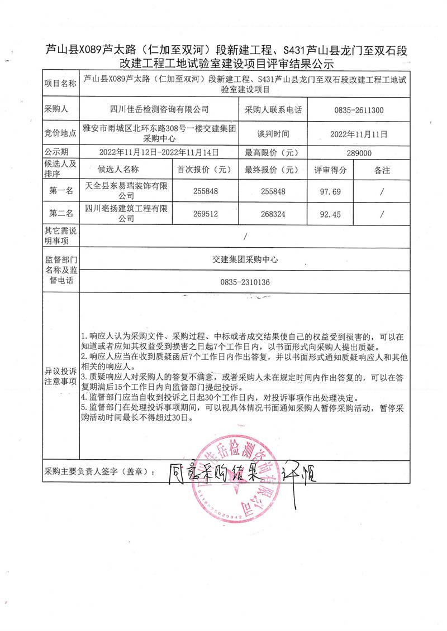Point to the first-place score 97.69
pyautogui.click(x=330, y=191)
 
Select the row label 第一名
pyautogui.click(x=61, y=191)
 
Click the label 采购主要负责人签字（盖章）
pyautogui.click(x=100, y=472)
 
